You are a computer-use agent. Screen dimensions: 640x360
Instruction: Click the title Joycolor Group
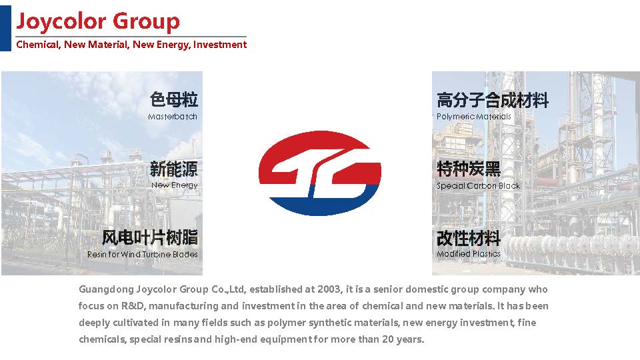pos(98,21)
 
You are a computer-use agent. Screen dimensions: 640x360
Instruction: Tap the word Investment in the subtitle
pos(220,45)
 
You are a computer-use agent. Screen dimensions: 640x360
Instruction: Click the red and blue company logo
pos(320,173)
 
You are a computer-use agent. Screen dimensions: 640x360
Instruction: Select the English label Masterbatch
pos(173,117)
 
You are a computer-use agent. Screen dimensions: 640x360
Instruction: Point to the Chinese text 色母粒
pos(174,99)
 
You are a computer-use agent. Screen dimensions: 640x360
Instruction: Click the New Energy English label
pos(174,185)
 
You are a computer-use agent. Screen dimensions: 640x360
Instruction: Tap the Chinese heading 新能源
pos(174,169)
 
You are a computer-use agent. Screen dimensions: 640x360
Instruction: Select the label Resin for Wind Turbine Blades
pos(143,254)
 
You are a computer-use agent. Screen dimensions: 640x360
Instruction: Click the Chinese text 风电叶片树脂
pos(150,237)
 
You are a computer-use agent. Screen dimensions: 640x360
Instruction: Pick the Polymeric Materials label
pos(474,117)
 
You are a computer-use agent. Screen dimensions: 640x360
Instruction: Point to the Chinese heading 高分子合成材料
pos(493,100)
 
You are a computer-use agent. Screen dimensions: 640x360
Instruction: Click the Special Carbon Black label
pos(479,186)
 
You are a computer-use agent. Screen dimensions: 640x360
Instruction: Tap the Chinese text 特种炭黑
pos(469,169)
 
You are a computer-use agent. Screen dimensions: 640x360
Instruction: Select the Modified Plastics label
pos(469,254)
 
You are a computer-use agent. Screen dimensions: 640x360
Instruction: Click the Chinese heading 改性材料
pos(469,238)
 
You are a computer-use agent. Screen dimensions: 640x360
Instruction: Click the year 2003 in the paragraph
pos(329,289)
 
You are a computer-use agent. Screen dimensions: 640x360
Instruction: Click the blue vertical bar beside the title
pos(6,28)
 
